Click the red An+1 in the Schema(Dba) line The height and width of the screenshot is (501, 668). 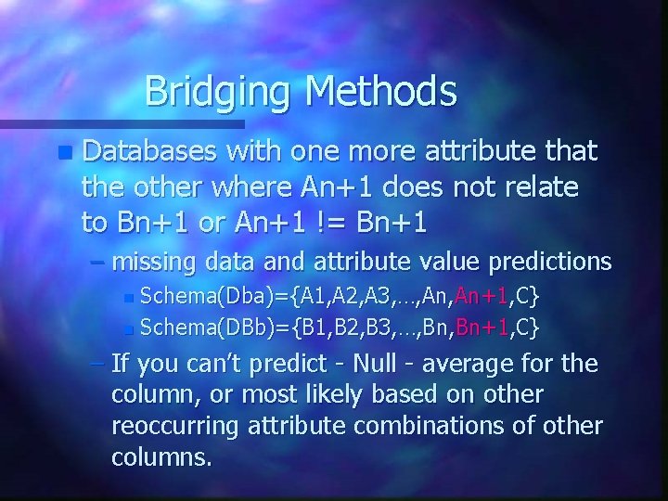tap(480, 297)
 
